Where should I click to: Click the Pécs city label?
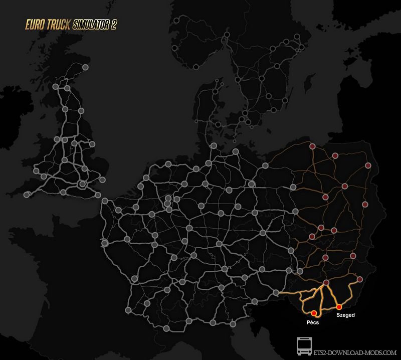click(x=312, y=323)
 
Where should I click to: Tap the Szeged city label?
click(x=345, y=315)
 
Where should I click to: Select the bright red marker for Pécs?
click(x=314, y=313)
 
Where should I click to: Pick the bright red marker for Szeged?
click(x=339, y=306)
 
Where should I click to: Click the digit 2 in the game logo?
click(x=114, y=25)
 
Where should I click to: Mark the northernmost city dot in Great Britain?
click(x=85, y=67)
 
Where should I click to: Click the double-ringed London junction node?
click(x=82, y=185)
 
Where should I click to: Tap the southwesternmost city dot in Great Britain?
click(x=27, y=194)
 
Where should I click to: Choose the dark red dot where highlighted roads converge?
click(x=326, y=283)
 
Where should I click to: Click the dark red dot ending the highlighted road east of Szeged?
click(x=359, y=279)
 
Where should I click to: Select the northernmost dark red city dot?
click(x=312, y=147)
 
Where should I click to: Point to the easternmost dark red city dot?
click(x=368, y=165)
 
